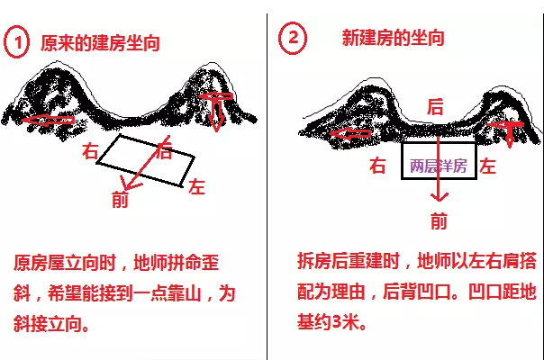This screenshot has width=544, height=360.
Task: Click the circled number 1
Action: [x=16, y=41]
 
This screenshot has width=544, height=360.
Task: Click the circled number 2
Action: [x=293, y=38]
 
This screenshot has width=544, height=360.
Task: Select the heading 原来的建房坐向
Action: [x=100, y=43]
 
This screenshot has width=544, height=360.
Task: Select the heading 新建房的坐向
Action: [x=393, y=38]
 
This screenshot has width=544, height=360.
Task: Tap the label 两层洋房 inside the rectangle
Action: [x=439, y=166]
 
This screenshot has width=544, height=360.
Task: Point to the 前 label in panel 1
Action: [x=120, y=200]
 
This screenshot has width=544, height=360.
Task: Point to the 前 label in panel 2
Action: [x=439, y=220]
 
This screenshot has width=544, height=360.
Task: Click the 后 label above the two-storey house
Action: [x=435, y=107]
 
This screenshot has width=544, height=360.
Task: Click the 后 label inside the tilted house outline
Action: [x=164, y=150]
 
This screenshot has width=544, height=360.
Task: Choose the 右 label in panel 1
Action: [x=90, y=151]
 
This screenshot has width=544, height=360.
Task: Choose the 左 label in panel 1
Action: [x=197, y=186]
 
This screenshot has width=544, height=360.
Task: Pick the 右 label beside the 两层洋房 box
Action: [x=377, y=166]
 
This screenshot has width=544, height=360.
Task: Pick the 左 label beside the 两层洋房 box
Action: [x=488, y=166]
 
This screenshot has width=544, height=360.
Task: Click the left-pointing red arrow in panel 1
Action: [x=48, y=120]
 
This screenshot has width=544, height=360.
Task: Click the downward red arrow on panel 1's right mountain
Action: [x=216, y=111]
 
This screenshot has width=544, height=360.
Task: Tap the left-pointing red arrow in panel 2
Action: [x=349, y=134]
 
